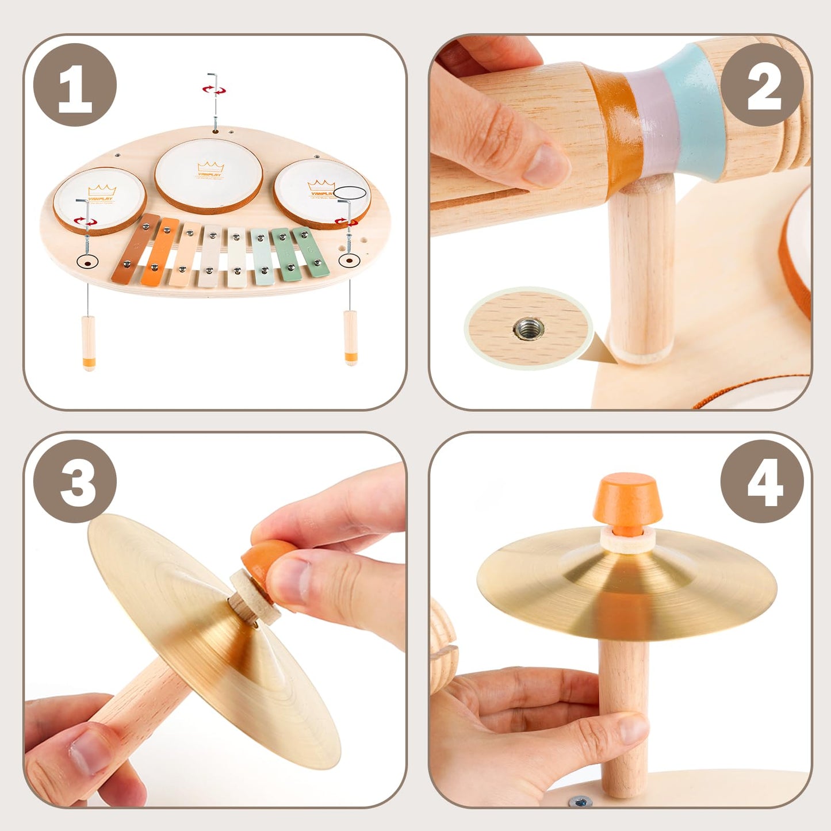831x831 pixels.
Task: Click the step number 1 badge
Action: point(75,85)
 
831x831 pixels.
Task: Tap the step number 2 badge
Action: point(761,85)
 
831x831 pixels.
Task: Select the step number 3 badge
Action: point(75,481)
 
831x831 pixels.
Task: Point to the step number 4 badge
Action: point(761,481)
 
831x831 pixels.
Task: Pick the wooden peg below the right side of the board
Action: point(350,336)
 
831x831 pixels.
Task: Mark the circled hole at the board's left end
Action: point(87,262)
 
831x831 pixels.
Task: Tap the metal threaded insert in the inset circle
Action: point(529,329)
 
